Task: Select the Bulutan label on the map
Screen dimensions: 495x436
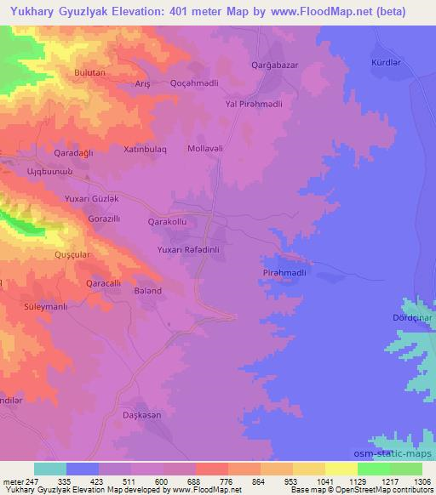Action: coord(89,74)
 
